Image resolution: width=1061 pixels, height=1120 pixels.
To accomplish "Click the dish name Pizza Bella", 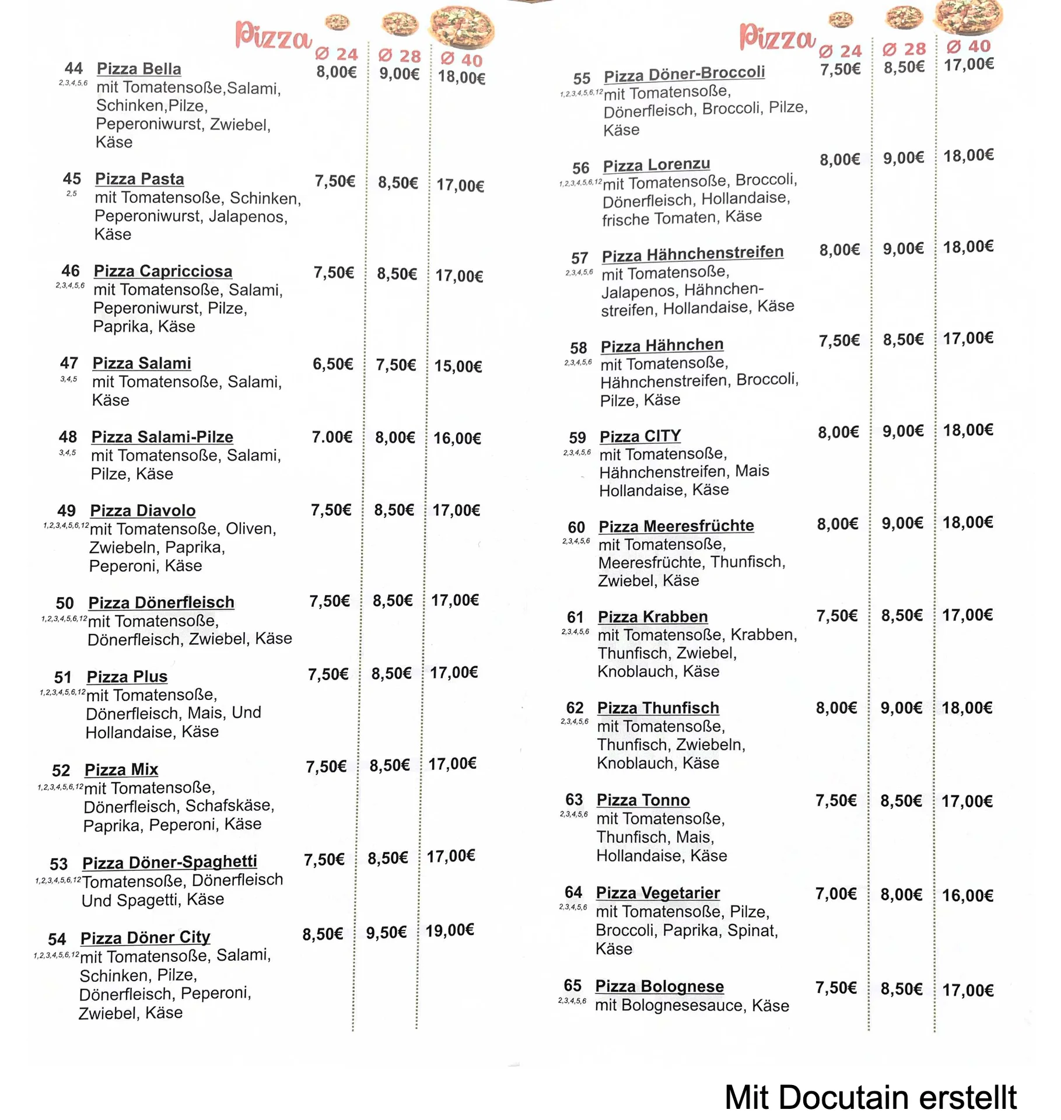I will click(x=139, y=69).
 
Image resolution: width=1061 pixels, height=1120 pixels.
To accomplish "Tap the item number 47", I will click(x=69, y=363).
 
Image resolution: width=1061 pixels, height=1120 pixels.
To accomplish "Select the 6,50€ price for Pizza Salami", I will click(x=333, y=364).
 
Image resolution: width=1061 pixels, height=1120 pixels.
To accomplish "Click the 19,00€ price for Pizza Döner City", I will click(x=450, y=930).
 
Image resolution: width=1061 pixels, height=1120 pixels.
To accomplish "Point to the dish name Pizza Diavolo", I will click(x=143, y=510).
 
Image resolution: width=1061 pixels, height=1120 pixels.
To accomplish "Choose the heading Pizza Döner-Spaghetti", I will click(x=170, y=862).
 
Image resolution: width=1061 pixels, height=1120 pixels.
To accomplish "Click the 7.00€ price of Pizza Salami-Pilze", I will click(x=332, y=437).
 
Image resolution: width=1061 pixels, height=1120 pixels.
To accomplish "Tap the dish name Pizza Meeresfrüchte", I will click(x=676, y=526).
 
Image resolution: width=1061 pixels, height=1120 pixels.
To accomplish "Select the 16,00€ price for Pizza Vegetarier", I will click(x=968, y=895).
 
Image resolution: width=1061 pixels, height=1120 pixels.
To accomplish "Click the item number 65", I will click(x=573, y=985).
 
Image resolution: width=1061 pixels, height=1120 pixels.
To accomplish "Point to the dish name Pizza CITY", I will click(x=640, y=436).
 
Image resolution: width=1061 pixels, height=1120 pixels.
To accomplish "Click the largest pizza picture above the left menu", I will click(x=461, y=26).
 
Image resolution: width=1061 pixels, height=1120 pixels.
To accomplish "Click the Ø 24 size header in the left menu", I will click(x=337, y=54).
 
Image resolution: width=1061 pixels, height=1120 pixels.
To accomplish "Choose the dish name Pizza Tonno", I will click(x=643, y=800).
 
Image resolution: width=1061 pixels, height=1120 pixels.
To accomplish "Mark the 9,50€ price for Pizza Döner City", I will click(x=386, y=933).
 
